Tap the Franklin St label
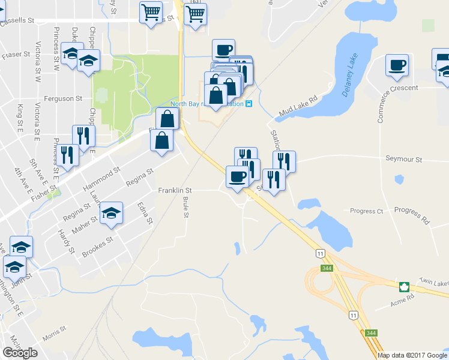pos(174,191)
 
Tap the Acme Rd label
pos(402,297)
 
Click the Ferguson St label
pos(62,98)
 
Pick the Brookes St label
pos(97,247)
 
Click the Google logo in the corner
pos(20,353)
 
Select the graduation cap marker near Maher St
pos(111,214)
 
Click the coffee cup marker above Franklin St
pos(237,176)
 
